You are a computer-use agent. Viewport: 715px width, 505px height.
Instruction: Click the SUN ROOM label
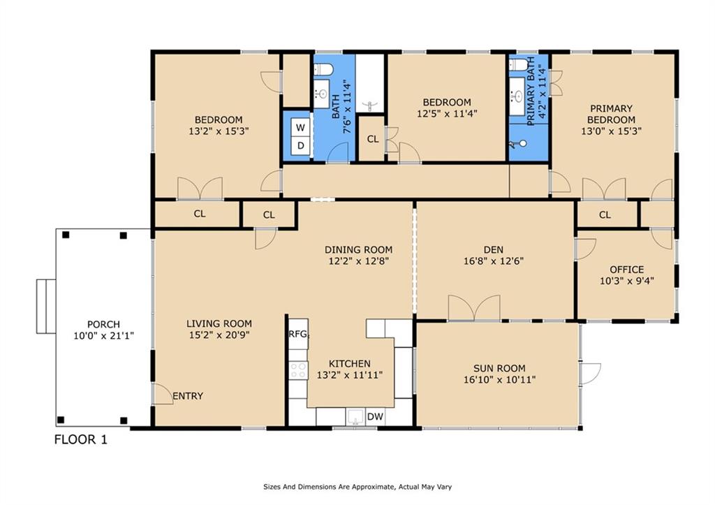pyautogui.click(x=499, y=368)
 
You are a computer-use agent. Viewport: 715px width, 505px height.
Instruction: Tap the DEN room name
pyautogui.click(x=494, y=250)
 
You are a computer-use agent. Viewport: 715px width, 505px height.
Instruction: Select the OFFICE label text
pyautogui.click(x=627, y=270)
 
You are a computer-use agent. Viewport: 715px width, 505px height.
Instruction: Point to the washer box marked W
pyautogui.click(x=300, y=127)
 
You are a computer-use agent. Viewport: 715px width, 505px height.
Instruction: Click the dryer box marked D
pyautogui.click(x=300, y=146)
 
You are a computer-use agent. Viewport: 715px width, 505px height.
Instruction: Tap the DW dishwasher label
pyautogui.click(x=375, y=416)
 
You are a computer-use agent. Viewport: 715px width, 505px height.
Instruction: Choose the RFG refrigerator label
pyautogui.click(x=299, y=334)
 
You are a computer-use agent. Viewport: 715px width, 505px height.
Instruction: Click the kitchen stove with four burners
pyautogui.click(x=299, y=370)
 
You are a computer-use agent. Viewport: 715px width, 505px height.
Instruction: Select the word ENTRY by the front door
pyautogui.click(x=188, y=396)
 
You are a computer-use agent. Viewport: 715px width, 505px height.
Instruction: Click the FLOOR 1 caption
pyautogui.click(x=81, y=440)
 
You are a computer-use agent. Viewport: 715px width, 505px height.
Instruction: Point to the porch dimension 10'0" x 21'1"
pyautogui.click(x=103, y=336)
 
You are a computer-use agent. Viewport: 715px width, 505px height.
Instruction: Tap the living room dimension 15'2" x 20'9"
pyautogui.click(x=219, y=335)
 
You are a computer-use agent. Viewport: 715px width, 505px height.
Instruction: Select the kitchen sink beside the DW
pyautogui.click(x=355, y=417)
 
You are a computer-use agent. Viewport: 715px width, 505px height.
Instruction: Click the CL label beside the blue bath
pyautogui.click(x=373, y=139)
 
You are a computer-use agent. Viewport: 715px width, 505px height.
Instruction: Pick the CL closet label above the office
pyautogui.click(x=605, y=215)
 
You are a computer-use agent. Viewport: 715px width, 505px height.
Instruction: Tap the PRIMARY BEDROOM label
pyautogui.click(x=611, y=114)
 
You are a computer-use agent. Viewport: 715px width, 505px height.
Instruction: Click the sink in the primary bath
pyautogui.click(x=517, y=96)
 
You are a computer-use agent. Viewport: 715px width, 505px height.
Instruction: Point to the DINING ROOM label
pyautogui.click(x=358, y=250)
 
